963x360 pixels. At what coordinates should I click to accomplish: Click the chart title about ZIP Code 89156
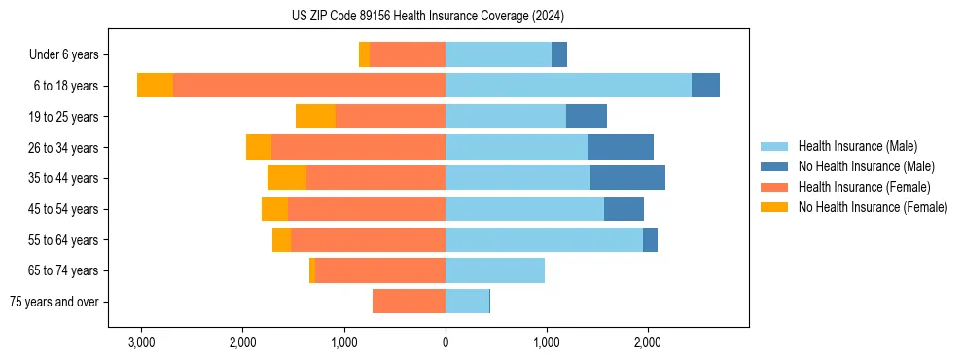pos(427,17)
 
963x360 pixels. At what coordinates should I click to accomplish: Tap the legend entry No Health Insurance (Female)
pos(873,207)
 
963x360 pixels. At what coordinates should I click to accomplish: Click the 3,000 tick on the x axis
pos(141,342)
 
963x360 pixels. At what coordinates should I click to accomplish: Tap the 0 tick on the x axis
pos(446,342)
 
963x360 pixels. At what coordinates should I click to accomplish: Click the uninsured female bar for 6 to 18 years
pos(155,86)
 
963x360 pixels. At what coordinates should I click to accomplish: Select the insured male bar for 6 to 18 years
pos(568,86)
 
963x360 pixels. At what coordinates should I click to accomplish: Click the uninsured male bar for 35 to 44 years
pos(627,178)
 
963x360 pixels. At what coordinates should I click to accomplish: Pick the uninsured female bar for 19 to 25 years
pos(315,117)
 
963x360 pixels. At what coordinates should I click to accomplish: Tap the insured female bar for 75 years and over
pos(409,302)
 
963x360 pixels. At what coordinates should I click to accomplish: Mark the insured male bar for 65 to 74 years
pos(495,270)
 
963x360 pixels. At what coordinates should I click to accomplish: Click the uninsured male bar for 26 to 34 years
pos(621,147)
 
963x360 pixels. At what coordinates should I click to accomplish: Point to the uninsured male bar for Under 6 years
pos(559,55)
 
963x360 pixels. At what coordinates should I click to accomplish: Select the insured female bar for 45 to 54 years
pos(367,209)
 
